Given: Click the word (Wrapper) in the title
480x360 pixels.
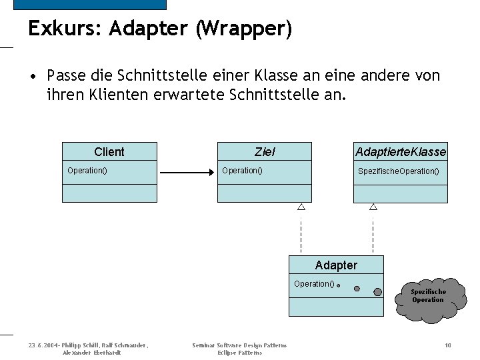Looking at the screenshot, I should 243,29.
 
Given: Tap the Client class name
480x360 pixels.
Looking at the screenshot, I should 109,152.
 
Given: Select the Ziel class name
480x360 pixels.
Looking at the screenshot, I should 265,152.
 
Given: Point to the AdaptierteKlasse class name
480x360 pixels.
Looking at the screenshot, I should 401,152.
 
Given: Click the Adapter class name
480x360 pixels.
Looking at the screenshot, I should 336,265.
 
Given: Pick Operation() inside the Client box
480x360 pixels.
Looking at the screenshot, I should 87,171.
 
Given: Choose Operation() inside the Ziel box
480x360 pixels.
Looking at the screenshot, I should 242,171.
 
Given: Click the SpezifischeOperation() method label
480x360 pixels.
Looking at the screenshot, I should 399,171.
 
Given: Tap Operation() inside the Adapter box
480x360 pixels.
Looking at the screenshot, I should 314,284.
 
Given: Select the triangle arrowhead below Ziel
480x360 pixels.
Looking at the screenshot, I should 301,207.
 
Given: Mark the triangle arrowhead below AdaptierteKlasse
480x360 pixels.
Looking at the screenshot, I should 373,207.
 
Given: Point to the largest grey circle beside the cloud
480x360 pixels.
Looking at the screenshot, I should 378,291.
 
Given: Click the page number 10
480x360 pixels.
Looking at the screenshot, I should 448,345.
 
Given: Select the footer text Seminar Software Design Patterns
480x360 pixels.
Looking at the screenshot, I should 239,345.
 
